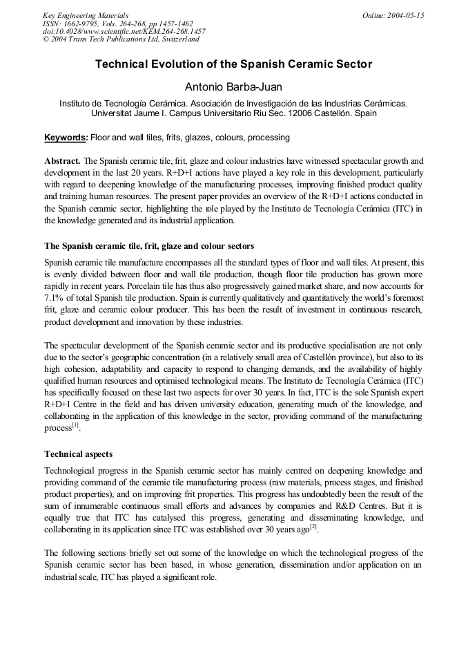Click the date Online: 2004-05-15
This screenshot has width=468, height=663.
393,15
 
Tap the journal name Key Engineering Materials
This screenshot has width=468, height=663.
85,15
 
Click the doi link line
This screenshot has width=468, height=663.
124,31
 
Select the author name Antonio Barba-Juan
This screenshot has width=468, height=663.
233,87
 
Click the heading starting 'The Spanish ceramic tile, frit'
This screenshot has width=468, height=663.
149,245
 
